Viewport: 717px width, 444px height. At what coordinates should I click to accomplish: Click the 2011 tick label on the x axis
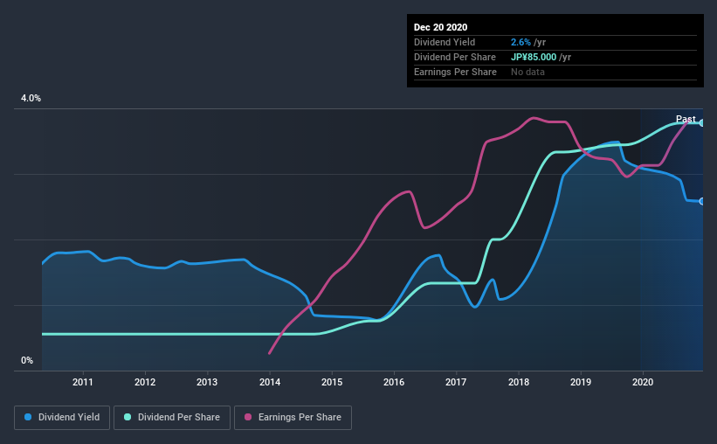coord(83,382)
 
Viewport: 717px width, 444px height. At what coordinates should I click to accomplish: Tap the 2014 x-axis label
coord(270,382)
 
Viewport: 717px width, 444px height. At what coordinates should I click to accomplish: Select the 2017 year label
coord(457,382)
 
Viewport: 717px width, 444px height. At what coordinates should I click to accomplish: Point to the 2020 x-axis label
coord(643,382)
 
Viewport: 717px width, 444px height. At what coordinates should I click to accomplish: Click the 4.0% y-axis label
coord(31,99)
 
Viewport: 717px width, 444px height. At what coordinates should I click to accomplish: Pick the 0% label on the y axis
coord(27,360)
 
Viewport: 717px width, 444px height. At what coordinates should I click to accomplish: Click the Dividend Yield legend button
coord(63,418)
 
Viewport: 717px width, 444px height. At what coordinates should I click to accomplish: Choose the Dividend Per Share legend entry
coord(176,418)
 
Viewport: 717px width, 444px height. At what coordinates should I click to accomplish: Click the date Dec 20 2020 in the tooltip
coord(441,27)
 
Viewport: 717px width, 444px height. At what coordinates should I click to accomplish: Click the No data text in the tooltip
coord(527,72)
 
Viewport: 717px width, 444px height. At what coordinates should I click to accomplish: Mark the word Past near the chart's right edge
coord(686,120)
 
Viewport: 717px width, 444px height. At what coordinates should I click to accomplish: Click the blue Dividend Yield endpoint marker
coord(702,202)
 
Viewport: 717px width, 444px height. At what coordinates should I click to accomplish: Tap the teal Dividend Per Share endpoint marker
coord(702,123)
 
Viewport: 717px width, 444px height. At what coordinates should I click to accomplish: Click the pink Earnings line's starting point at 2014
coord(269,353)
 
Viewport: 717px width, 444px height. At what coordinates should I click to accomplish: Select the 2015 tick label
coord(332,382)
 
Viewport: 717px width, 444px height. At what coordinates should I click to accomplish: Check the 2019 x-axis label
coord(581,382)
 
